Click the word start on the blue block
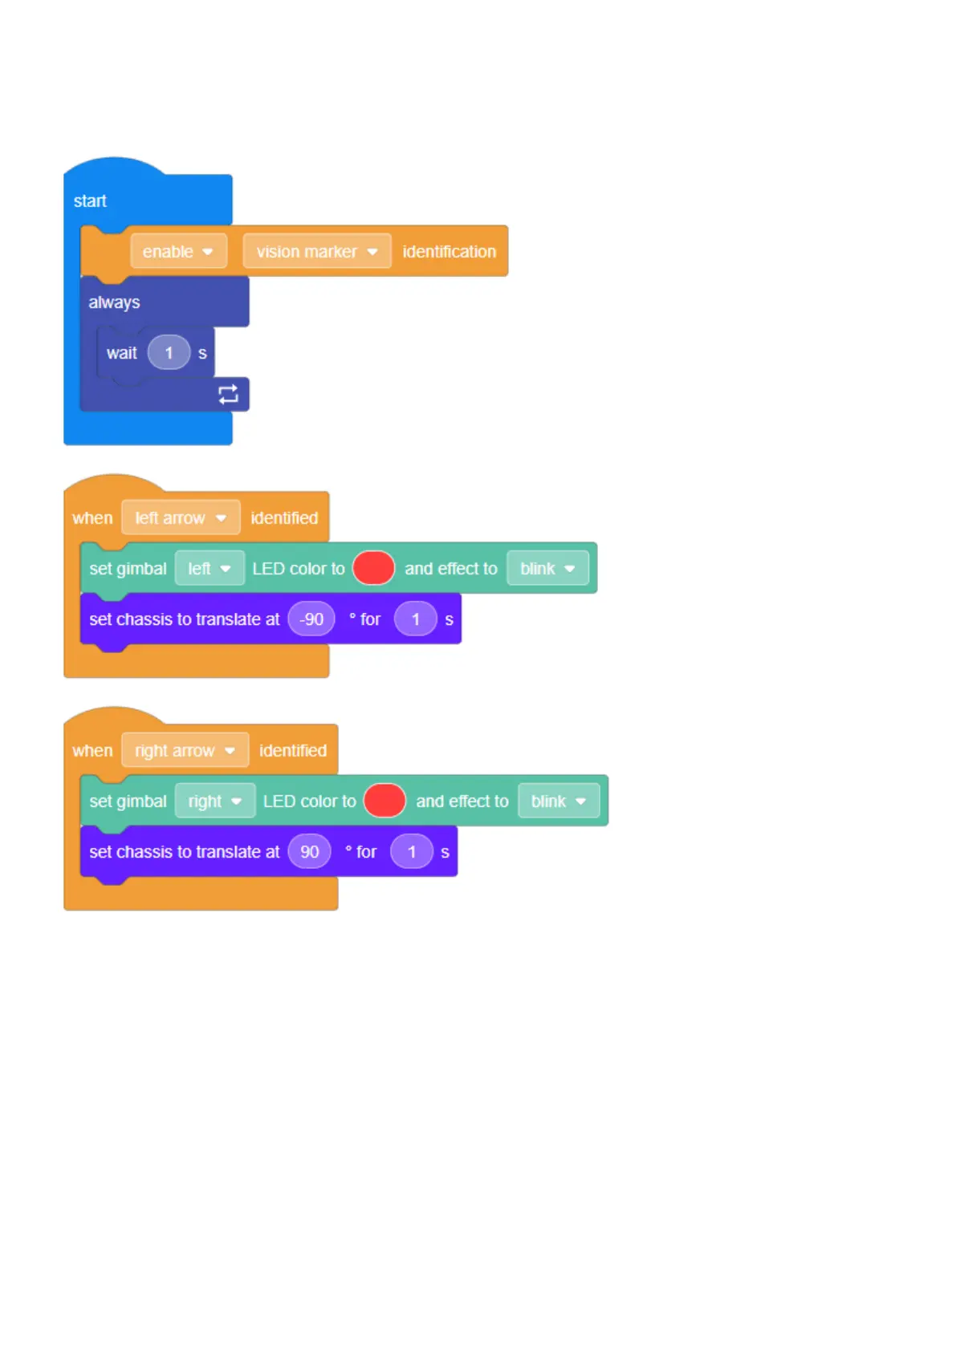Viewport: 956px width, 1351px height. click(90, 201)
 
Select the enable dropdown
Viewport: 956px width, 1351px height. click(178, 251)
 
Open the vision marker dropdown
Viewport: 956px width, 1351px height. click(316, 251)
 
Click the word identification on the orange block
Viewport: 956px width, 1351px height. click(449, 251)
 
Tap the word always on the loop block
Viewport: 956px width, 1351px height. click(114, 302)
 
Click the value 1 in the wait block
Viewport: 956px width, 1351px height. click(169, 353)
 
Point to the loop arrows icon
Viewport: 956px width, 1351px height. click(228, 394)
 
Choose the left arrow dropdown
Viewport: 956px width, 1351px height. click(181, 517)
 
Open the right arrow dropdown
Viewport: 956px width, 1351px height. click(185, 750)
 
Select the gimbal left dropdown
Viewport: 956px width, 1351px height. click(209, 568)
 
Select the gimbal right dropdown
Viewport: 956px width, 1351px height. click(214, 801)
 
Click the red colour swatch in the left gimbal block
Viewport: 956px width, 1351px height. click(373, 568)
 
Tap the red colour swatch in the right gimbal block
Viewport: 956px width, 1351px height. click(384, 801)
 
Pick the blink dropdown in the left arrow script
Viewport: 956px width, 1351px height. click(547, 568)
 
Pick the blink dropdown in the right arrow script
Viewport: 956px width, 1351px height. click(559, 801)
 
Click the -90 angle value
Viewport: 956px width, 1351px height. click(311, 619)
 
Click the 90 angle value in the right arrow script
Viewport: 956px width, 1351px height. click(310, 851)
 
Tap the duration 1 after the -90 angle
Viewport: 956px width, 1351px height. click(416, 619)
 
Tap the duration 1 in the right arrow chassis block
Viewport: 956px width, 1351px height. click(412, 851)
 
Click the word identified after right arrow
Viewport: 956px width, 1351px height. click(293, 750)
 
